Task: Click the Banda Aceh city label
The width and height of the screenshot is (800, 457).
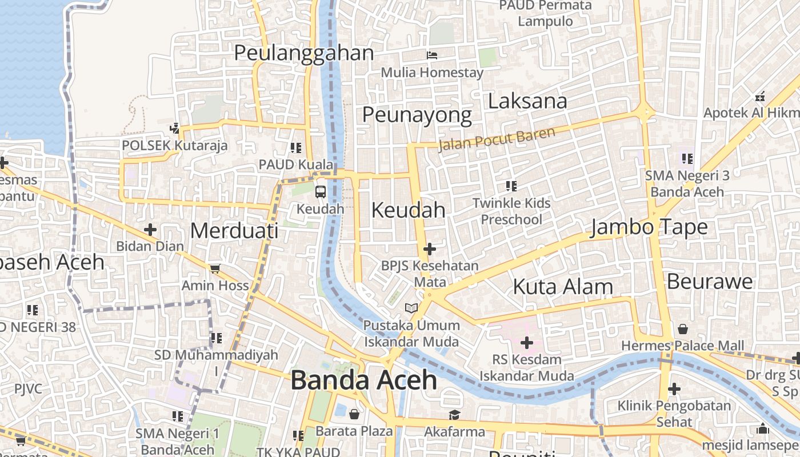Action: pyautogui.click(x=364, y=380)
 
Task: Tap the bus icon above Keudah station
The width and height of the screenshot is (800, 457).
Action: pyautogui.click(x=321, y=192)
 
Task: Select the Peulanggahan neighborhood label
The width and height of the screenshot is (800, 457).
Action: pyautogui.click(x=303, y=53)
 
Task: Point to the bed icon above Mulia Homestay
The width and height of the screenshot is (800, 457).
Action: pyautogui.click(x=432, y=55)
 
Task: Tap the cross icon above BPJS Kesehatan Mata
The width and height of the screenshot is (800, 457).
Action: pyautogui.click(x=430, y=249)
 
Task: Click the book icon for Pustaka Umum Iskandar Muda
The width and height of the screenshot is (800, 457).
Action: pyautogui.click(x=411, y=308)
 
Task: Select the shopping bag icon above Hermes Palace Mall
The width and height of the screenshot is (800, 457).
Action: pyautogui.click(x=682, y=329)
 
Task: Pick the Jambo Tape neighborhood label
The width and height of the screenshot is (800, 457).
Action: pyautogui.click(x=649, y=227)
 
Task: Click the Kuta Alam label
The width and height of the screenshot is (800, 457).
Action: pyautogui.click(x=563, y=286)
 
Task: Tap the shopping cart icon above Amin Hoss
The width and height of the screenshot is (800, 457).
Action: pyautogui.click(x=215, y=268)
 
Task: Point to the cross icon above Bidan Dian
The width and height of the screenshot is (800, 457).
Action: pyautogui.click(x=150, y=230)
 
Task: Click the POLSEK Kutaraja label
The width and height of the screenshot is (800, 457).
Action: pyautogui.click(x=174, y=146)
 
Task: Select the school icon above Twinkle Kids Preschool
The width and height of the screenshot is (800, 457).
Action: pyautogui.click(x=511, y=186)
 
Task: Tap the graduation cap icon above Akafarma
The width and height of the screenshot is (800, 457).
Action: pyautogui.click(x=454, y=415)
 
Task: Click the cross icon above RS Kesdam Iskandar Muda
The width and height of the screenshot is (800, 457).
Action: pyautogui.click(x=527, y=343)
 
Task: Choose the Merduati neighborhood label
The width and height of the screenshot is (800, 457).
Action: pyautogui.click(x=234, y=231)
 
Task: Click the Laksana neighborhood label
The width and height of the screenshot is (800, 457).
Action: pyautogui.click(x=527, y=101)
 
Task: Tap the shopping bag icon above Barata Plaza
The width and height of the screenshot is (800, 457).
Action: pyautogui.click(x=354, y=414)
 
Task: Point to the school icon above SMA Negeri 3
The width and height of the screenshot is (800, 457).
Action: pyautogui.click(x=687, y=158)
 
